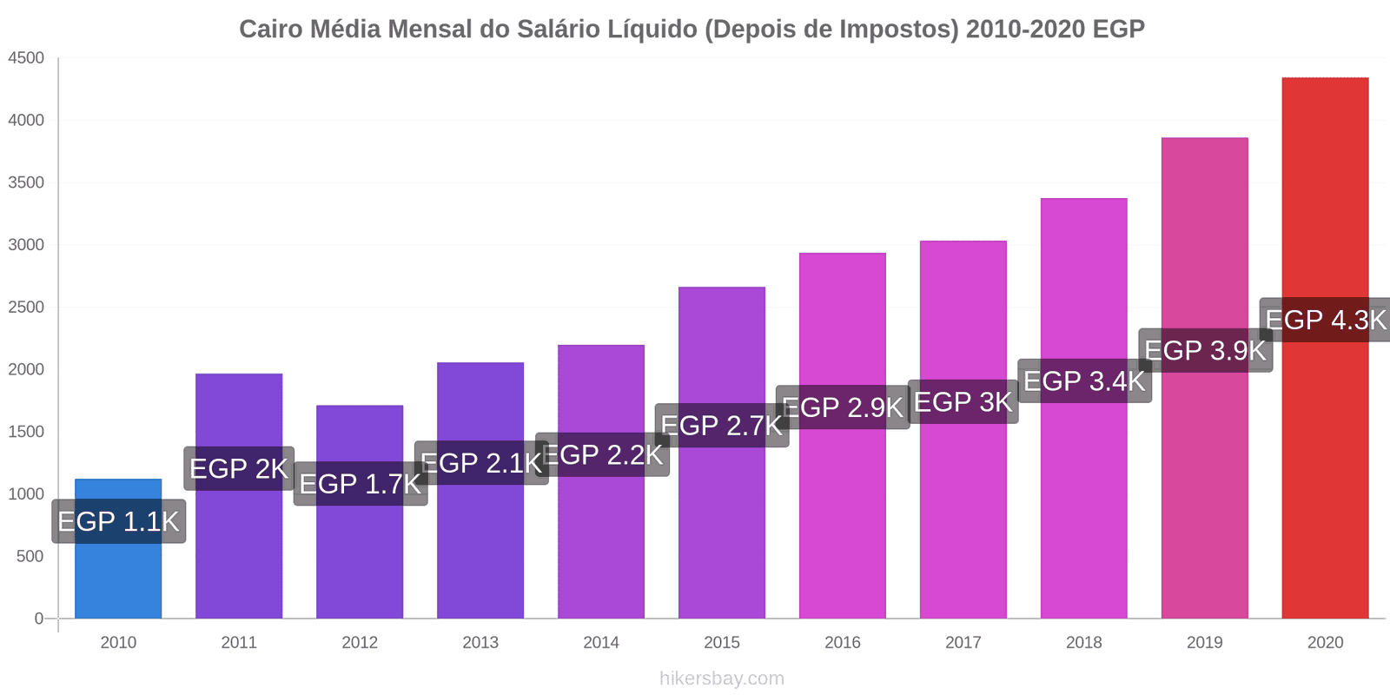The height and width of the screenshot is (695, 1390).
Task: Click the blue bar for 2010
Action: point(118,573)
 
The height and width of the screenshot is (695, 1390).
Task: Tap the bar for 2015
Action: point(721,521)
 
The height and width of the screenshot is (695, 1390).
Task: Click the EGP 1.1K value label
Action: point(118,521)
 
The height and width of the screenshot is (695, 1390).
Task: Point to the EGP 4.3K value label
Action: point(1326,320)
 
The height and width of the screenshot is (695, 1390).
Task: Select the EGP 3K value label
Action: point(963,402)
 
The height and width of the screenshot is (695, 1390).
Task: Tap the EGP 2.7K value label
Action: point(721,426)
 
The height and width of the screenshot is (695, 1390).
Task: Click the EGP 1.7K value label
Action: point(360,484)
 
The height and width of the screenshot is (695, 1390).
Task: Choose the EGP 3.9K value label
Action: point(1205,350)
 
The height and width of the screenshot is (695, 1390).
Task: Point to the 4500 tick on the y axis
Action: point(26,58)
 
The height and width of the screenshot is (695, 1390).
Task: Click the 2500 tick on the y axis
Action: point(26,308)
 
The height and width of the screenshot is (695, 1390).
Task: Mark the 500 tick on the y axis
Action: point(30,557)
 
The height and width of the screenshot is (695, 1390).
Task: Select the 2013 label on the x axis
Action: point(480,643)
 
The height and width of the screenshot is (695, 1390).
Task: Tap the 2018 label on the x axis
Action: point(1083,643)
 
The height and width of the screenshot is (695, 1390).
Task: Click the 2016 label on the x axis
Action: point(842,643)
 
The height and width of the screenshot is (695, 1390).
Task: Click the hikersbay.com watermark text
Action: point(721,678)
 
